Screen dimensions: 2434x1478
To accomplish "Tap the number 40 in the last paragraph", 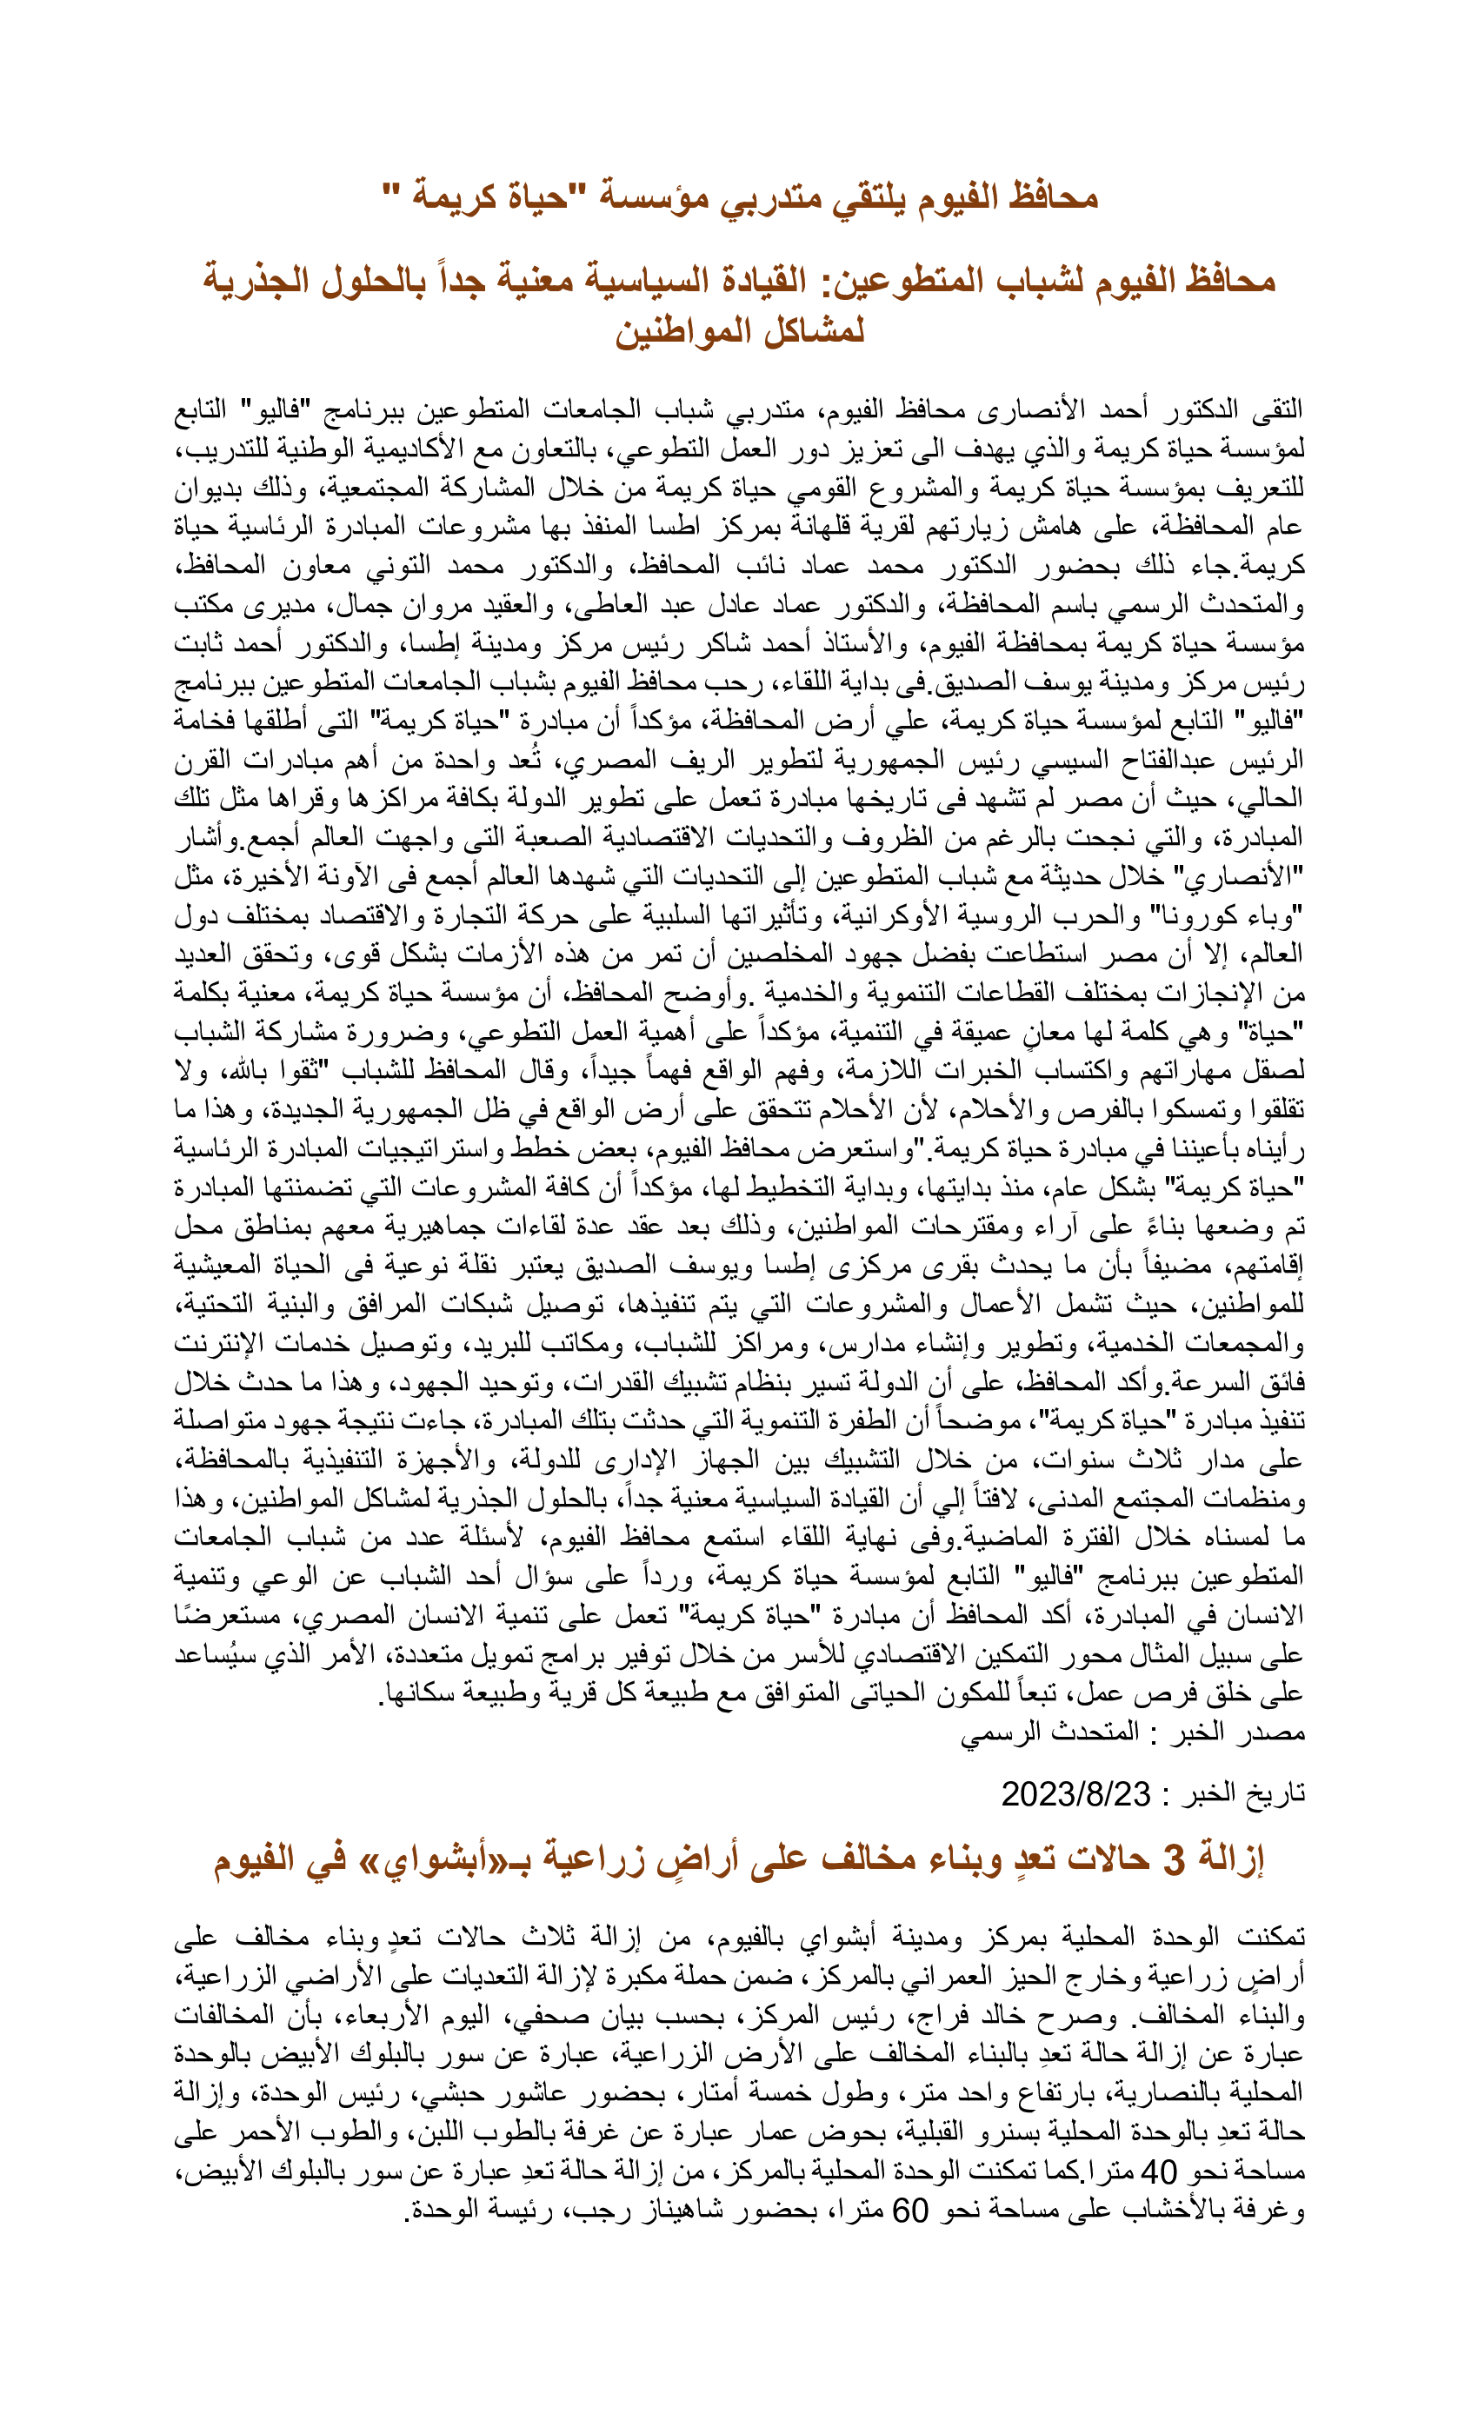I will coord(1158,2171).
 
